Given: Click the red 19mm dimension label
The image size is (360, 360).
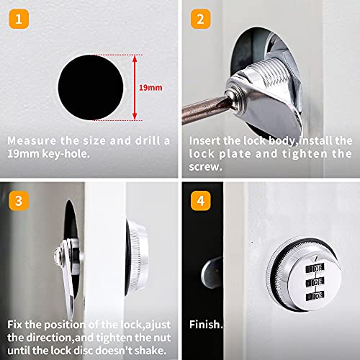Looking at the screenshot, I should (x=150, y=86).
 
